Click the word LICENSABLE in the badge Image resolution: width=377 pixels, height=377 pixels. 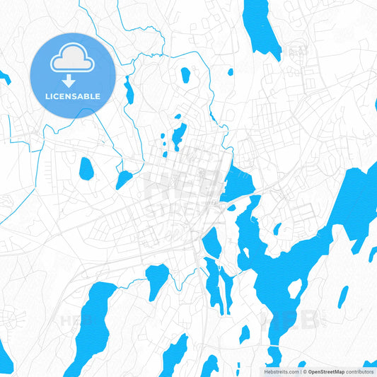coord(72,96)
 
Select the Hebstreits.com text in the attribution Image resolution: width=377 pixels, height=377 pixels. coord(280,371)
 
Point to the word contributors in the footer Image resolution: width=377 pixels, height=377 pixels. coord(361,371)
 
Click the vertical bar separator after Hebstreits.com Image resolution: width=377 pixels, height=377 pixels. coord(300,371)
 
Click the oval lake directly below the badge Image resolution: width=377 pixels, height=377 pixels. coord(86,168)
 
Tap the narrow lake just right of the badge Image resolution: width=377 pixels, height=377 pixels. coord(129,90)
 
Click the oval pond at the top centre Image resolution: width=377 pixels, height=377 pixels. coord(185,74)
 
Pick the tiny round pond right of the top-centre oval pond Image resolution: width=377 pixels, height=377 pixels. coord(230,71)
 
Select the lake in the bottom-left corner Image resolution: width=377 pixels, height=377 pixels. coord(5,350)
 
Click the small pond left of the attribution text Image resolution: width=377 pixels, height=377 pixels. coord(245,332)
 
